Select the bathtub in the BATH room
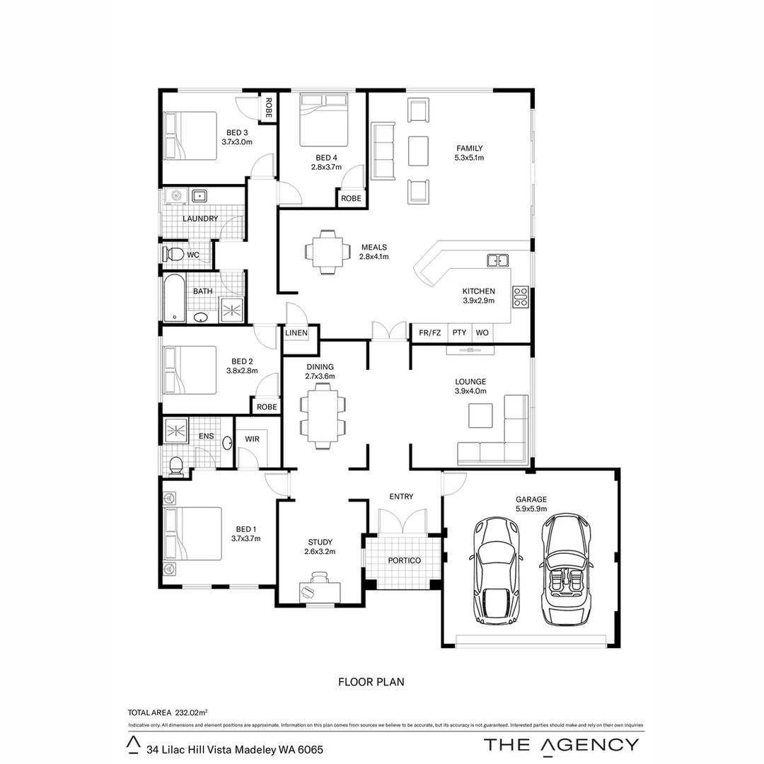(174, 298)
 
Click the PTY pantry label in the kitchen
(459, 332)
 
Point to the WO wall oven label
(482, 332)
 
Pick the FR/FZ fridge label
(429, 332)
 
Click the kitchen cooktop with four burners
(520, 296)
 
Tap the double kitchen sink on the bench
(498, 260)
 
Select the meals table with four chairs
(327, 251)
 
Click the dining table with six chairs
(323, 417)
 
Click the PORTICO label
(404, 560)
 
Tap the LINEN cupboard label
(296, 332)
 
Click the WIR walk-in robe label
(252, 439)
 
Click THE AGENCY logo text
(561, 744)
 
